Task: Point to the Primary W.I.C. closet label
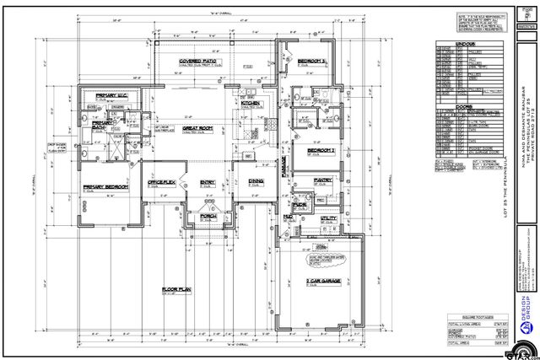[x=111, y=95]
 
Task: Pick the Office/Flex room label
[x=161, y=182]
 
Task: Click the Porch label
[x=208, y=216]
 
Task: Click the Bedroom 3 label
[x=313, y=62]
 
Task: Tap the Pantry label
[x=322, y=180]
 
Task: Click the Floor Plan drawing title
[x=179, y=289]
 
